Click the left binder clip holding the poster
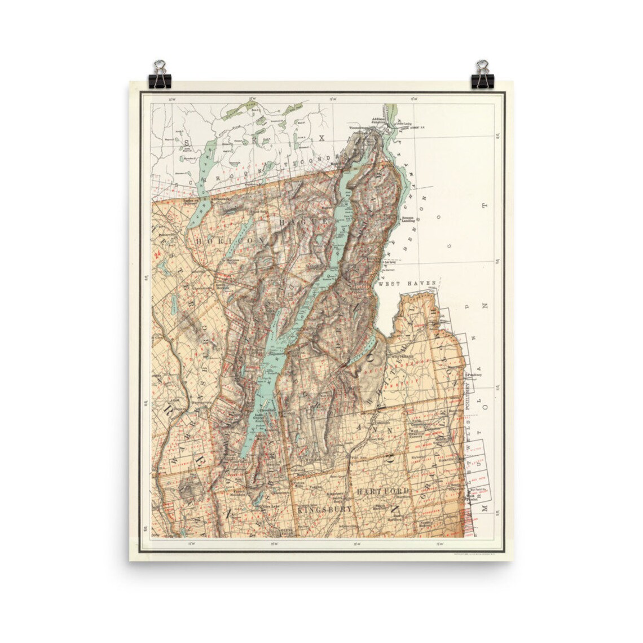point(160,76)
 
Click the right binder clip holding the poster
point(482,76)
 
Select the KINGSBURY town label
point(324,509)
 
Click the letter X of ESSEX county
point(322,137)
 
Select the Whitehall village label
point(407,349)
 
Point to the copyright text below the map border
point(474,553)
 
